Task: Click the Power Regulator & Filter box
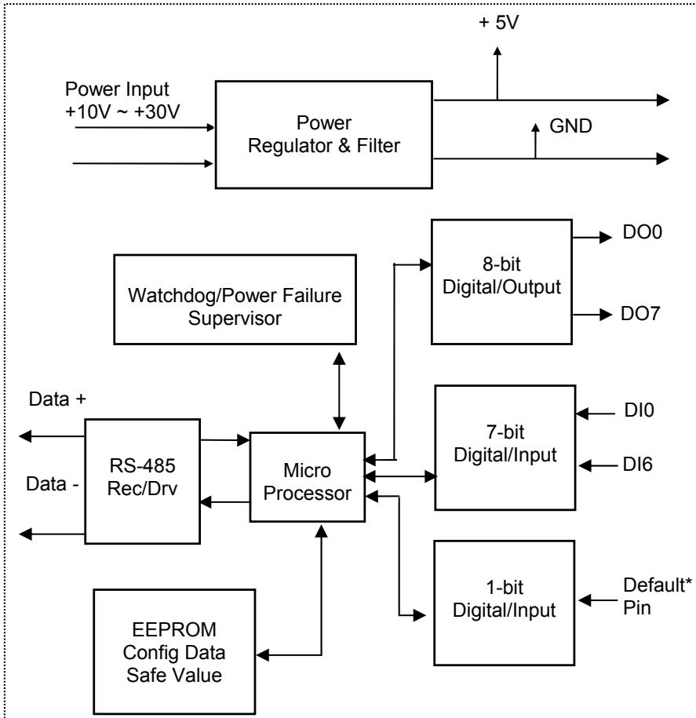click(x=324, y=135)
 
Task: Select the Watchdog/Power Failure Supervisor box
click(x=235, y=300)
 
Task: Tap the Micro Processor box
click(x=308, y=476)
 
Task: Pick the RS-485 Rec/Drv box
click(x=142, y=481)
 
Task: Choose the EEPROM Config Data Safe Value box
click(x=174, y=651)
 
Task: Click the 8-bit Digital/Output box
click(x=501, y=282)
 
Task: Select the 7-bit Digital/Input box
click(x=505, y=447)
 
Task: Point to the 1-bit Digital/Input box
click(x=504, y=603)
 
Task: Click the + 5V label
click(x=498, y=22)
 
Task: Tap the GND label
click(x=570, y=126)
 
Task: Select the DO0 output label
click(x=642, y=232)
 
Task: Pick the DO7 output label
click(x=640, y=314)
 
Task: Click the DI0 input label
click(x=639, y=410)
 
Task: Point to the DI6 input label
click(x=637, y=465)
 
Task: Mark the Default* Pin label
click(x=657, y=596)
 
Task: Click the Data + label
click(x=57, y=399)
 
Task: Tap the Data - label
click(x=53, y=484)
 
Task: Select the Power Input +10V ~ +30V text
click(x=122, y=100)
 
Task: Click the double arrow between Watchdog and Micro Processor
click(x=339, y=391)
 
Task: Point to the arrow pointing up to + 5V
click(x=497, y=73)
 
